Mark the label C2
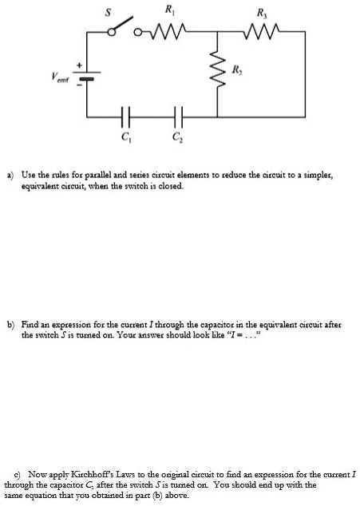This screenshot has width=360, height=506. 176,138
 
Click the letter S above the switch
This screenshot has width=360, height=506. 120,10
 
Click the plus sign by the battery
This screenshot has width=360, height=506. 79,66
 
